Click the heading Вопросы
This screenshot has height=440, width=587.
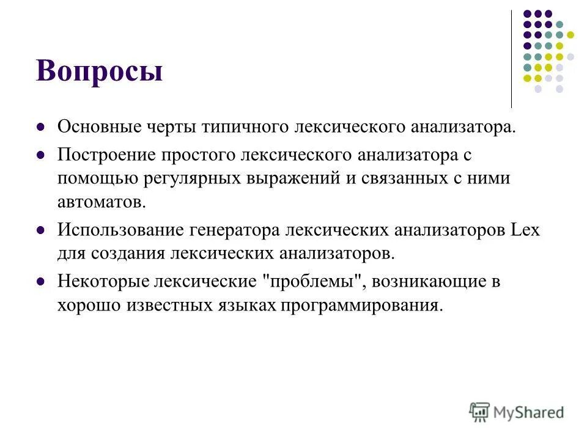100,71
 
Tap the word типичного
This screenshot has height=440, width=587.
248,128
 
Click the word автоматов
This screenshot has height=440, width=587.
102,201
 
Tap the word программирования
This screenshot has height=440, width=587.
361,304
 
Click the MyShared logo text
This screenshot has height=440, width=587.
528,413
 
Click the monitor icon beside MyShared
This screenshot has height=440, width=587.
479,411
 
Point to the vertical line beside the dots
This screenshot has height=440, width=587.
511,58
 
